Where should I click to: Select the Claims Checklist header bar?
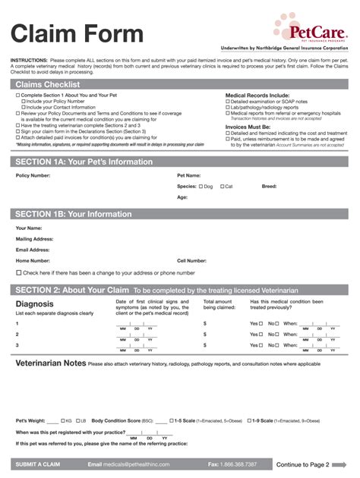[180, 84]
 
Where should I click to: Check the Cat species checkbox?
[222, 186]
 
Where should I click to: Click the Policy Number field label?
[33, 175]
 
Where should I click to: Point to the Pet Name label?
[188, 175]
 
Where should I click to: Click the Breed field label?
[270, 186]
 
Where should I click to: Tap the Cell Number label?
[191, 260]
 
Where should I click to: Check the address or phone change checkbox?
[19, 272]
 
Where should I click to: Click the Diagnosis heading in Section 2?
[34, 304]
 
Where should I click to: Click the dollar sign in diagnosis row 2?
[205, 334]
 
